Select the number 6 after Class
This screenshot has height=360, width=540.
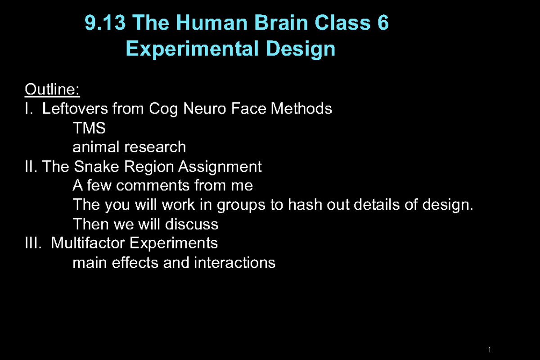[x=383, y=23]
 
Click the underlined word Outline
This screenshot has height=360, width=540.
[x=52, y=90]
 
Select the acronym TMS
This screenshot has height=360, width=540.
[x=89, y=128]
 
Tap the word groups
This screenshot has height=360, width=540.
[x=242, y=205]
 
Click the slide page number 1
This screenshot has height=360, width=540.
[x=489, y=350]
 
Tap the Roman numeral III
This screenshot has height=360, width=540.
[x=32, y=243]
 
